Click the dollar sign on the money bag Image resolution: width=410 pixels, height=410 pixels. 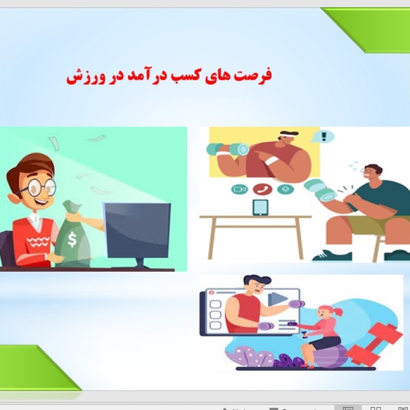point(72,239)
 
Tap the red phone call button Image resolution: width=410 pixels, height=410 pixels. point(261,189)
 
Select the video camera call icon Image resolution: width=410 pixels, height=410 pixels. point(238,189)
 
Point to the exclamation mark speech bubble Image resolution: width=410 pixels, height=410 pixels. point(323,137)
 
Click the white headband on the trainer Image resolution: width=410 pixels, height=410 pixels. point(287,136)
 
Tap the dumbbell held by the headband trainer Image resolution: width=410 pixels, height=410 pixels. point(228,149)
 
